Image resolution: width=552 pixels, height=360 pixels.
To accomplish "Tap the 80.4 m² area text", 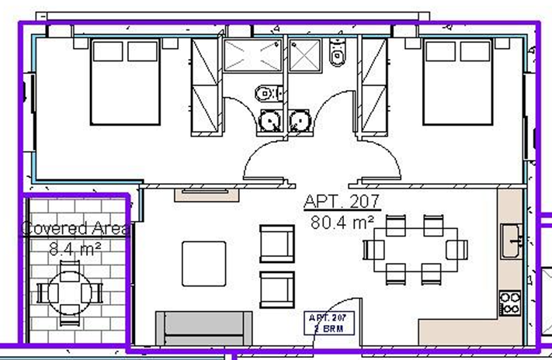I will [342, 223].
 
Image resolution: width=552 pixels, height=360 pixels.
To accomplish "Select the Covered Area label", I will [75, 229].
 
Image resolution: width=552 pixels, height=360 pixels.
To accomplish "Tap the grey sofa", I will [204, 327].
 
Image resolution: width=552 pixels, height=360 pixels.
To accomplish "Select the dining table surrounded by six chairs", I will [415, 249].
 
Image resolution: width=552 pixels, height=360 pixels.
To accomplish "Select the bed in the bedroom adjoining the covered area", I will [125, 81].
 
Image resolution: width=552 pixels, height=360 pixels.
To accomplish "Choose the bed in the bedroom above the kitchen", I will [459, 81].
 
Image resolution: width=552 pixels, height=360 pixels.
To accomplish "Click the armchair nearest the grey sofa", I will [277, 289].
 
